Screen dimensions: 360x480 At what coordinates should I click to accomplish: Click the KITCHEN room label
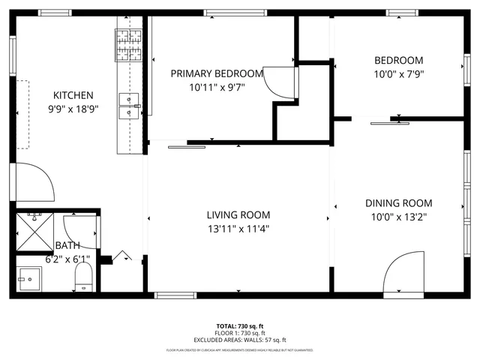pyautogui.click(x=73, y=95)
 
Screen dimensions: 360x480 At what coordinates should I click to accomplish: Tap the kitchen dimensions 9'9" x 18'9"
pyautogui.click(x=73, y=109)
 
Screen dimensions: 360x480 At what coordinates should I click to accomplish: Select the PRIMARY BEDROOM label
pyautogui.click(x=217, y=73)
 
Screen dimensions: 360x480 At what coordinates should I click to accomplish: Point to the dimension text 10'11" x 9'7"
pyautogui.click(x=217, y=87)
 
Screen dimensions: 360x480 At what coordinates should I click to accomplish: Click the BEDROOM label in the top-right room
pyautogui.click(x=398, y=61)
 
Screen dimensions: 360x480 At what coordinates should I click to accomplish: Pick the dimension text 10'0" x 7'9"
pyautogui.click(x=398, y=74)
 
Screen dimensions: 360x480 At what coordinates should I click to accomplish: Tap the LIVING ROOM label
pyautogui.click(x=238, y=214)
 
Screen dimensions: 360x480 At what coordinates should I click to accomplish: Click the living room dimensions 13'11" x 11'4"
pyautogui.click(x=238, y=228)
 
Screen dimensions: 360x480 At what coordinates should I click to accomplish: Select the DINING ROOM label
pyautogui.click(x=398, y=203)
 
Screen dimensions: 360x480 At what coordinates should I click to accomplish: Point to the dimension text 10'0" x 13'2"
pyautogui.click(x=398, y=217)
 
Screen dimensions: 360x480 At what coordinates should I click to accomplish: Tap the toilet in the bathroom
pyautogui.click(x=83, y=277)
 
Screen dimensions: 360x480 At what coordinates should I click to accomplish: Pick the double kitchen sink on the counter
pyautogui.click(x=128, y=106)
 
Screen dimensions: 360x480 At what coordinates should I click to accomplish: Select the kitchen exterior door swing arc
pyautogui.click(x=34, y=182)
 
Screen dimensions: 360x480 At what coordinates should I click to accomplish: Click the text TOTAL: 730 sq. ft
pyautogui.click(x=240, y=326)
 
